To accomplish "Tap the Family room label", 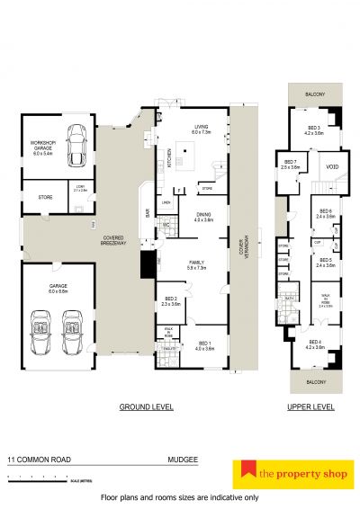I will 195,265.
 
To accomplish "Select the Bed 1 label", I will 204,345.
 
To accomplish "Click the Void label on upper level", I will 331,166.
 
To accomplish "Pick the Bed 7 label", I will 290,165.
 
